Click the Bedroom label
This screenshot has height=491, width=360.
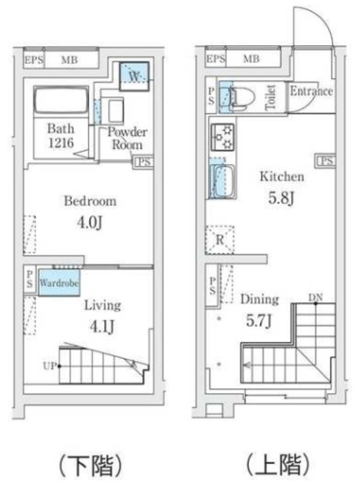91,201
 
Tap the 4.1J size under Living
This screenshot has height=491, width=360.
102,327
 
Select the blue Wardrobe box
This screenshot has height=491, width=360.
58,283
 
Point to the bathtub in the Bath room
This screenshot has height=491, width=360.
61,100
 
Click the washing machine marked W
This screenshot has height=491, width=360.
134,77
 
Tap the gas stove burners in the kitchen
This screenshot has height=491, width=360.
223,137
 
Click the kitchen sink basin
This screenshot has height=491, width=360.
223,181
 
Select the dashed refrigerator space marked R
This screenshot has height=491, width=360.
220,240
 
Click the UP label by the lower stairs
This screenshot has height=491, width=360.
50,365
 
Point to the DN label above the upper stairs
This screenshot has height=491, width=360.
315,298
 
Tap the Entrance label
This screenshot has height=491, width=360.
311,91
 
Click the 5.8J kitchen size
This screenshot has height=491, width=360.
282,198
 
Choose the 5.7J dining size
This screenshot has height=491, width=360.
259,321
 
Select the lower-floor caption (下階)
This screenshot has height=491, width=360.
90,466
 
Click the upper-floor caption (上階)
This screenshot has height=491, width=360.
278,464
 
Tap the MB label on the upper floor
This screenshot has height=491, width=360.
251,59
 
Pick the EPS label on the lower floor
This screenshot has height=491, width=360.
34,60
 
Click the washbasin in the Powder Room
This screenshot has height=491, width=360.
115,110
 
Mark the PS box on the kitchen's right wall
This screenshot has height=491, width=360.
326,160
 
